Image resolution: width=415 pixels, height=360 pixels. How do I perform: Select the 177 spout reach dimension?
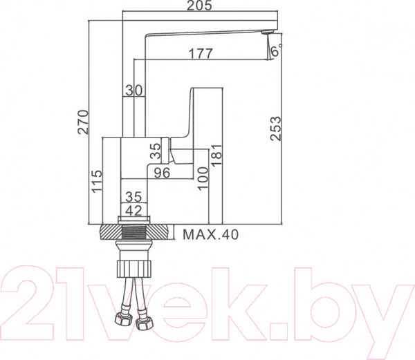click(x=201, y=54)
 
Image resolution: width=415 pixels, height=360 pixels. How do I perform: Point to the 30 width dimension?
click(x=133, y=91)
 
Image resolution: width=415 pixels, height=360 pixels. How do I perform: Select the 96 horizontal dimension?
click(x=162, y=173)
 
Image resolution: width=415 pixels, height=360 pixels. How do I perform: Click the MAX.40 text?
click(x=210, y=235)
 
